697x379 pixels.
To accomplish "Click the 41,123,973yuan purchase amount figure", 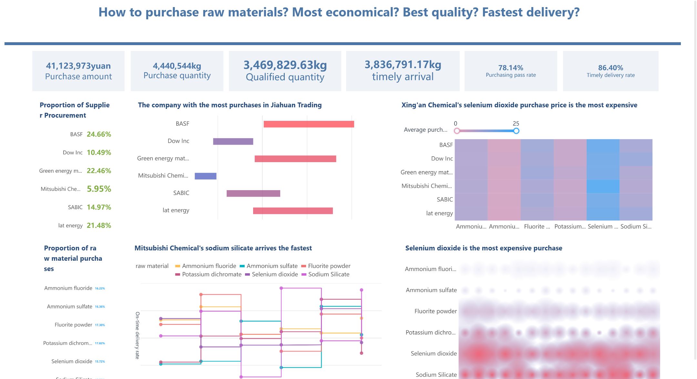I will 78,66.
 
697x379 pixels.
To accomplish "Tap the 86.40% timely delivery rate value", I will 610,68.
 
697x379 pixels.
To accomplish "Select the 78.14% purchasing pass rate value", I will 510,68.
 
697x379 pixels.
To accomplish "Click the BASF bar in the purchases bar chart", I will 309,124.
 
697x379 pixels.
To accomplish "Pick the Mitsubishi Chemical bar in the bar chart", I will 205,176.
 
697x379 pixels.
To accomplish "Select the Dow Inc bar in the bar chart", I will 233,141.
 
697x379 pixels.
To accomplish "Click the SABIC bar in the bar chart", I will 253,193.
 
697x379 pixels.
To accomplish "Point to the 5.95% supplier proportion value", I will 99,189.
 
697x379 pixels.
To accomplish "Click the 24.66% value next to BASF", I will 99,134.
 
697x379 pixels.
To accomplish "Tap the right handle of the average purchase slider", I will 516,131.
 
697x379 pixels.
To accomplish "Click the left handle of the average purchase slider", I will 457,131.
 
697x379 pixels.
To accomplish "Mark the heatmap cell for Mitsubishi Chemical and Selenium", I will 603,186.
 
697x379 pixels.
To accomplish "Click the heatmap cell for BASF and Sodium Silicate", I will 636,145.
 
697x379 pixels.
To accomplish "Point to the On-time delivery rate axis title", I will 138,335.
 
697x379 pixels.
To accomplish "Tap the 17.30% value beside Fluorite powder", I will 100,325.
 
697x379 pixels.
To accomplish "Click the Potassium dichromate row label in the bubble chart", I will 430,332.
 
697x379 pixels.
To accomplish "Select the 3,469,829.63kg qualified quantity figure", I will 285,65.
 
